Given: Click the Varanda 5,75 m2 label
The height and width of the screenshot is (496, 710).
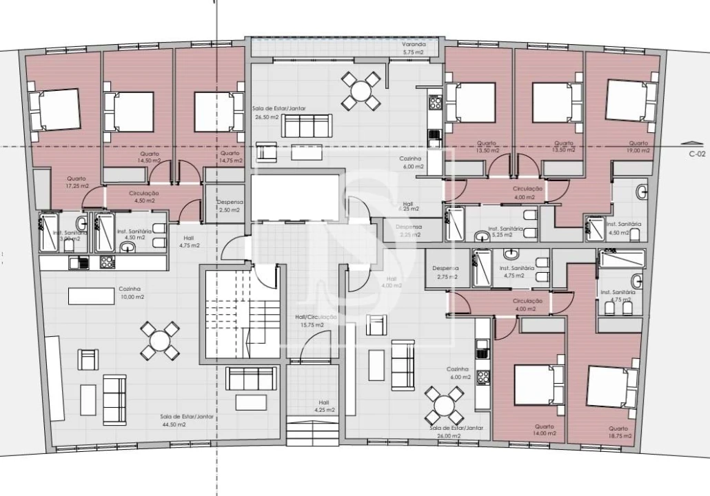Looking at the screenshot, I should [414, 48].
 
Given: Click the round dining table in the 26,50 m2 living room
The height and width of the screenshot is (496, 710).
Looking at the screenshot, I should [360, 91].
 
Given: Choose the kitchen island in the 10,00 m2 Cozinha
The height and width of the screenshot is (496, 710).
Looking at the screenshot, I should [91, 295].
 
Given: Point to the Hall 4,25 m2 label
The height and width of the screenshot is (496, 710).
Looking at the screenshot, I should [324, 406].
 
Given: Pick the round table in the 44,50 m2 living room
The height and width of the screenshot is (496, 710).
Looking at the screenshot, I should [159, 340].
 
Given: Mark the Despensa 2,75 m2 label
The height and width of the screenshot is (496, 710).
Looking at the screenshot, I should [445, 272].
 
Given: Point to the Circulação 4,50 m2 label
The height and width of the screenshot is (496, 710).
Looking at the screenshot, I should [143, 197].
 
